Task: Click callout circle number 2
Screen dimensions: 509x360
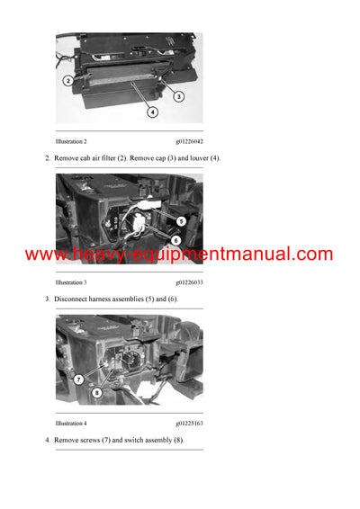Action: point(68,80)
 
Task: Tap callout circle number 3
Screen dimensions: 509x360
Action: point(178,96)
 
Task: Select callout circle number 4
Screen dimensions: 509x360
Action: point(153,112)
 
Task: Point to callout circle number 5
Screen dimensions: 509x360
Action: point(181,220)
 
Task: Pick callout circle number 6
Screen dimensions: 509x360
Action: point(175,240)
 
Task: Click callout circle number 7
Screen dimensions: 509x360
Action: point(78,380)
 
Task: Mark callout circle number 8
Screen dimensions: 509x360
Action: point(97,392)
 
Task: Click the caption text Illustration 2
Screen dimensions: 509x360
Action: point(71,142)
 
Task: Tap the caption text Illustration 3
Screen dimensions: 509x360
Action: point(71,282)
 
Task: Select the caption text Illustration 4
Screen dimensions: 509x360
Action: point(71,423)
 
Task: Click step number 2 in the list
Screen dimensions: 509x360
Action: point(47,158)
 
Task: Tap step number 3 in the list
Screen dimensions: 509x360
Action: point(47,299)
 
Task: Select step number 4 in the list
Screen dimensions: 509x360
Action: point(47,439)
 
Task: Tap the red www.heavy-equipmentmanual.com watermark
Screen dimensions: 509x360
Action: point(179,254)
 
